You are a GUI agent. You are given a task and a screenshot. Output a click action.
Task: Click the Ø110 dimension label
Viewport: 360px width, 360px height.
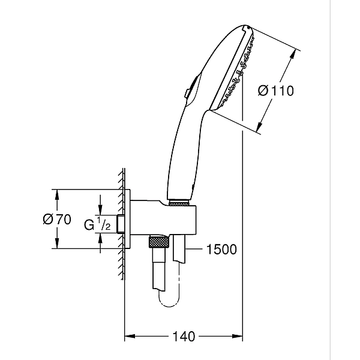pyautogui.click(x=275, y=91)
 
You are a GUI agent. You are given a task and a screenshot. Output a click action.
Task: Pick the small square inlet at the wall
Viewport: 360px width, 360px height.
pyautogui.click(x=122, y=224)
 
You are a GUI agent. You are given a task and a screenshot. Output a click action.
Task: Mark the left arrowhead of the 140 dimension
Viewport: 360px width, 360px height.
pyautogui.click(x=128, y=337)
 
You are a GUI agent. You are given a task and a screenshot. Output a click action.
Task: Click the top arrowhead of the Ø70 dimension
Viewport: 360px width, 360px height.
pyautogui.click(x=57, y=193)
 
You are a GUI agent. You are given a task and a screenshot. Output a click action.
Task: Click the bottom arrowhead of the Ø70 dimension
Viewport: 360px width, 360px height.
pyautogui.click(x=57, y=245)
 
